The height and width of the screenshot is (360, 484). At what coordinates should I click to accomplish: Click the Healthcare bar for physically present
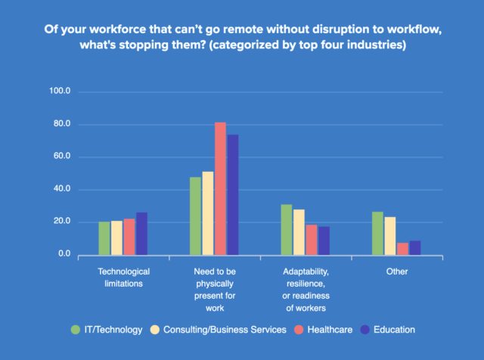point(220,188)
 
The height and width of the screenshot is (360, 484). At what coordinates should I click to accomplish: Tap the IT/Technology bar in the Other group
point(377,234)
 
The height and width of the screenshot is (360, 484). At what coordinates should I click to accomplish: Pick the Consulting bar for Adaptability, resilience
point(299,232)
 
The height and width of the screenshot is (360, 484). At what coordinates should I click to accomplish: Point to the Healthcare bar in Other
point(402,249)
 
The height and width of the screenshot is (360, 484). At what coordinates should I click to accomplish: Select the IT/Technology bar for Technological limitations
point(104,238)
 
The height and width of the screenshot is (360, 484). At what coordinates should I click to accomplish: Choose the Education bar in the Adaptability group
point(324,241)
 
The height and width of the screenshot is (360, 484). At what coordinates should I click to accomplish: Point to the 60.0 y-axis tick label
point(60,157)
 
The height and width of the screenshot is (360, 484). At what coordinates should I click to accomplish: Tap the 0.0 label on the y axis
point(64,255)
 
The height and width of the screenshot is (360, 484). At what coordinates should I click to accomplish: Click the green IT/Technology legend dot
point(75,330)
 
